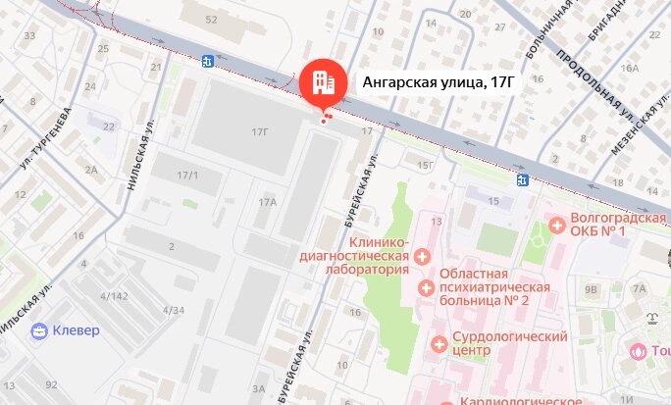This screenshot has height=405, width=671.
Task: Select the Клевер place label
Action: click(x=76, y=330)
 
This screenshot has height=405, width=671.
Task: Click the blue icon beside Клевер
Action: click(x=39, y=330)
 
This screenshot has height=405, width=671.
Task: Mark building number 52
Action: click(x=211, y=20)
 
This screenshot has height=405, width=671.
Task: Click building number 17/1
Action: click(x=187, y=176)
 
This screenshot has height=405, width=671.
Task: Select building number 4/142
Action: click(x=114, y=295)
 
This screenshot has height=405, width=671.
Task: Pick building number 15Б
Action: click(x=425, y=166)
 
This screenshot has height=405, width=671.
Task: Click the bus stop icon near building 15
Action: click(x=524, y=180)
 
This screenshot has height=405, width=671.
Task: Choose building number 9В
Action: click(x=591, y=290)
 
